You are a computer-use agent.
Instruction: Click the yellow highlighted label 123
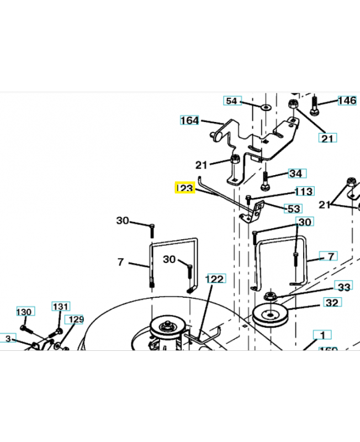point(184,188)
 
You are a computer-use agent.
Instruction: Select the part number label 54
point(232,101)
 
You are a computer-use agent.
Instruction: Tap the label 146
point(347,101)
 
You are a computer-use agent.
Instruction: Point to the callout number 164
point(189,120)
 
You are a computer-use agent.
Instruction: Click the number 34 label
point(296,173)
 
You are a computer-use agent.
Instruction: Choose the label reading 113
point(304,192)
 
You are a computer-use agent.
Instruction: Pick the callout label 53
point(293,208)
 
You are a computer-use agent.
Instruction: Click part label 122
point(214,279)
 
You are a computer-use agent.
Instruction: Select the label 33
point(344,287)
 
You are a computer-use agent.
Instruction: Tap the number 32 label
point(332,303)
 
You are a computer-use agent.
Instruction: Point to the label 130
point(24,312)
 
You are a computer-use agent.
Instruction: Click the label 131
point(61,306)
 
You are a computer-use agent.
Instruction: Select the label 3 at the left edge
point(7,338)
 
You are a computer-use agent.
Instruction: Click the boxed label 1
point(322,334)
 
